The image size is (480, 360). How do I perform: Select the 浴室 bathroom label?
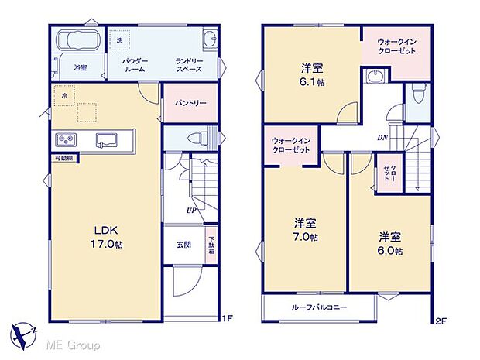[80, 68]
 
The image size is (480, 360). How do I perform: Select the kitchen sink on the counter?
[106, 141]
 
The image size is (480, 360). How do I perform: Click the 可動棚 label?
[63, 158]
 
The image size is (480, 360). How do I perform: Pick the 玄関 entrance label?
[183, 245]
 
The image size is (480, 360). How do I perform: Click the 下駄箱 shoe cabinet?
[211, 245]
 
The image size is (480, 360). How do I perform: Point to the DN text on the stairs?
[382, 139]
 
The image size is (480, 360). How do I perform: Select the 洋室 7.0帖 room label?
[304, 230]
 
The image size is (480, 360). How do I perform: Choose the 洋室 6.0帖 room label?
[390, 243]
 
